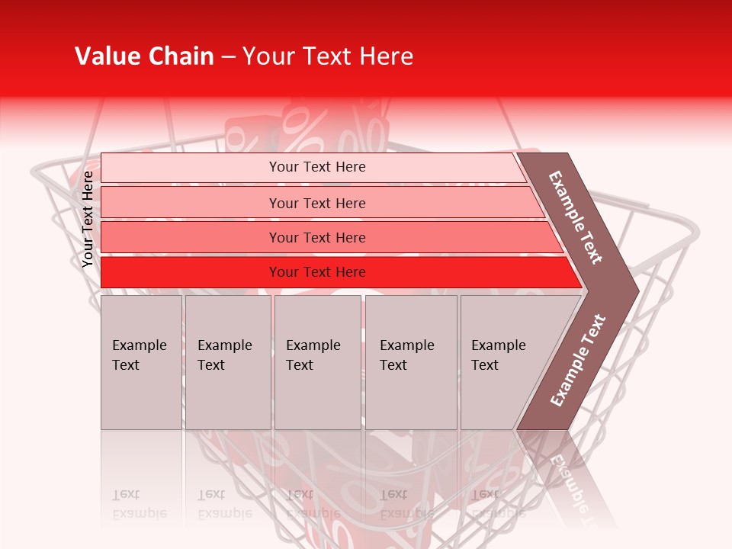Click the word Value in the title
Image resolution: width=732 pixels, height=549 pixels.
click(x=107, y=56)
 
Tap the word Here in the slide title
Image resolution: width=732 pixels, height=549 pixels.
click(x=387, y=56)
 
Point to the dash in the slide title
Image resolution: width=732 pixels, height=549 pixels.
click(x=228, y=57)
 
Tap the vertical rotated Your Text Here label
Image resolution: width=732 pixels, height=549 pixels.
click(x=88, y=219)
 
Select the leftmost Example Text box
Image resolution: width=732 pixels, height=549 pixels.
click(x=141, y=362)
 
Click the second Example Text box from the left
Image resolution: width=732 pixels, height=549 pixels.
click(x=227, y=362)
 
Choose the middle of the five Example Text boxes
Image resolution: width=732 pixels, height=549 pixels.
click(x=317, y=362)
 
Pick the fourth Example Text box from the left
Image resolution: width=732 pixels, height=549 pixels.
click(x=411, y=362)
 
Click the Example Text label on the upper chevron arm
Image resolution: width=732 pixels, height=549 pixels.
click(x=576, y=217)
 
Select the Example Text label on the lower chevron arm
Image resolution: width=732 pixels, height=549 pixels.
click(x=578, y=360)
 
